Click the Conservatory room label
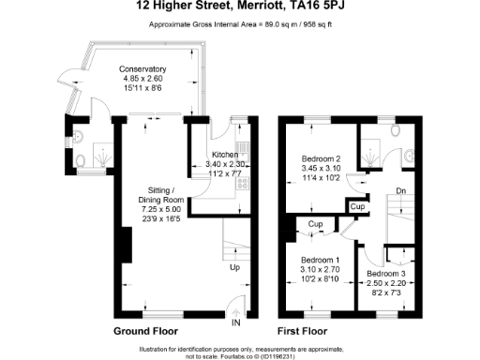142,69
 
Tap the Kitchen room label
224,155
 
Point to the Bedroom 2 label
320,158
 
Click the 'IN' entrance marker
236,322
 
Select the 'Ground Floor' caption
145,333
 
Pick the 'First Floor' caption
303,333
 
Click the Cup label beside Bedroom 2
357,206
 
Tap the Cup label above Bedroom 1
315,225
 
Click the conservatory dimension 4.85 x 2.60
142,79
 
